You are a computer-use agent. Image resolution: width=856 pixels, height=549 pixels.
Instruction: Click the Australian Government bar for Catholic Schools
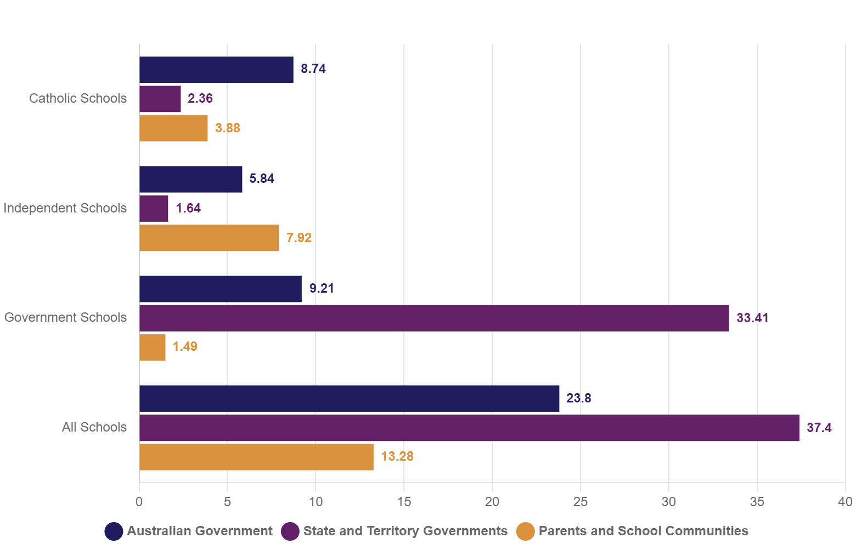216,70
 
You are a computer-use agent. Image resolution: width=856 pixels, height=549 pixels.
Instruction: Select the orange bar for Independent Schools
209,238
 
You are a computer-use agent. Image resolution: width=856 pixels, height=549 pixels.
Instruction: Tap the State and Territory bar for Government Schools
434,318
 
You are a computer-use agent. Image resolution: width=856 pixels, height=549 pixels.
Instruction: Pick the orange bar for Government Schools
153,348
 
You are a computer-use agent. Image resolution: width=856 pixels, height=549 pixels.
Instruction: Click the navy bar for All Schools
349,399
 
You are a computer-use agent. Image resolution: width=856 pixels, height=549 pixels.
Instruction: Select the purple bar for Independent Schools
154,209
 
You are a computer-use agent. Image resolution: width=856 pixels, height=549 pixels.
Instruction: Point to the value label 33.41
752,318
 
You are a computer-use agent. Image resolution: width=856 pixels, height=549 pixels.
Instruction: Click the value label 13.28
397,457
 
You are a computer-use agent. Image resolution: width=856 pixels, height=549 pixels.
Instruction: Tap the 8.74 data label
313,69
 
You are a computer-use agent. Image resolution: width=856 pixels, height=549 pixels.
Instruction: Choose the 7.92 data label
299,238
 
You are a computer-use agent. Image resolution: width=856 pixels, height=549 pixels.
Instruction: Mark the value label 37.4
819,428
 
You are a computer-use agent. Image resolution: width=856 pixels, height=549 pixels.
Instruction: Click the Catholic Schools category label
78,98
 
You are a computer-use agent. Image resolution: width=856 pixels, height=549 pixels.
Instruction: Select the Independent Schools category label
65,208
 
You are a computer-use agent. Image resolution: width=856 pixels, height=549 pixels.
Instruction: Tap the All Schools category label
94,427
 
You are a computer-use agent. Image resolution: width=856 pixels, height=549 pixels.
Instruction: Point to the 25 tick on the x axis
581,501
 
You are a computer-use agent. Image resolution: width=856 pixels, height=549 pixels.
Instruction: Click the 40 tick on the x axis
845,501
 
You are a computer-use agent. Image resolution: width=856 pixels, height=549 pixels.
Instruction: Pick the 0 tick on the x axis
139,501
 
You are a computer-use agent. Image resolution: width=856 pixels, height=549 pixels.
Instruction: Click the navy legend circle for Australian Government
114,531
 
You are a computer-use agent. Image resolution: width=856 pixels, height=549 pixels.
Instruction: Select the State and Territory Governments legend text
406,531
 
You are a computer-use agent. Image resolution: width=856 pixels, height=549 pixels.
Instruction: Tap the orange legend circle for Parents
526,531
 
